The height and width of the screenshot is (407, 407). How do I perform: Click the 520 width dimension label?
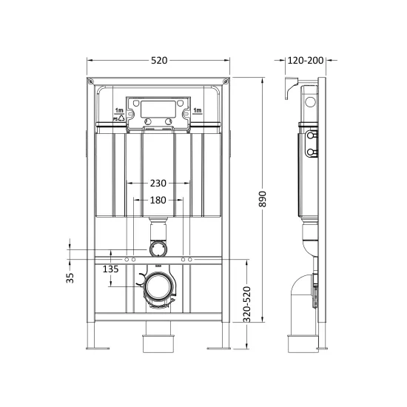[x=159, y=61]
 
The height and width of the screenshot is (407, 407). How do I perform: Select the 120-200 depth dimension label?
[x=306, y=61]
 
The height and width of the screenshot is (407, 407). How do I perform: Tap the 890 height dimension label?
[x=263, y=199]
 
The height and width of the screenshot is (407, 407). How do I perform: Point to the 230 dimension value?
[x=158, y=184]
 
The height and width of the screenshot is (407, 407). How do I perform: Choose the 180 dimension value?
[x=158, y=200]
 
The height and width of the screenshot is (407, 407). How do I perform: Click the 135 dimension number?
[x=110, y=269]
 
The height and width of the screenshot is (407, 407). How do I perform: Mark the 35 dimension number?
[x=70, y=278]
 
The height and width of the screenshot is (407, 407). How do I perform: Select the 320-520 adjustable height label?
[x=247, y=304]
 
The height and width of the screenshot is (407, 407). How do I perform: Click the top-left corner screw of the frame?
[x=90, y=81]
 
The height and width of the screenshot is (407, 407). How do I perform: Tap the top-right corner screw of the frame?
[x=226, y=81]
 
